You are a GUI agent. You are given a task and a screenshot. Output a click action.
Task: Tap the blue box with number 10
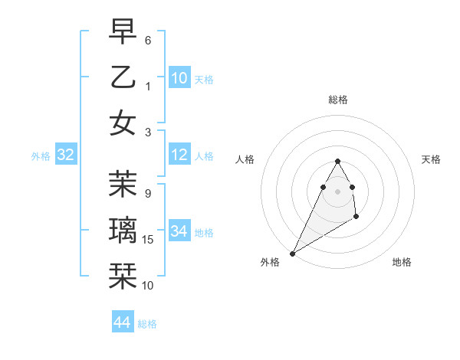tap(179, 77)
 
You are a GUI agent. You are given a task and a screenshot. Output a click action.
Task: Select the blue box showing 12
tap(179, 155)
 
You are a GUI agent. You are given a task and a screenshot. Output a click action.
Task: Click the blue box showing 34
tap(179, 231)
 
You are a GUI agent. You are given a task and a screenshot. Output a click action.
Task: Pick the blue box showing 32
tap(65, 155)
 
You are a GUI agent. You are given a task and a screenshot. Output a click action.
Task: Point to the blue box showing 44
tap(123, 322)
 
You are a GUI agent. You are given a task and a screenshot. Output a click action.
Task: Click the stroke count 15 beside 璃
tap(149, 241)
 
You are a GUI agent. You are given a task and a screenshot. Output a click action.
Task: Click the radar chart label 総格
tap(337, 100)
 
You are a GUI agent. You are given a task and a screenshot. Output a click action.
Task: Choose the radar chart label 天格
tap(431, 159)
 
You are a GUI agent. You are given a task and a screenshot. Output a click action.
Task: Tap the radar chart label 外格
tap(270, 263)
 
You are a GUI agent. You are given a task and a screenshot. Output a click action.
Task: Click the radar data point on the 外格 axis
tap(292, 253)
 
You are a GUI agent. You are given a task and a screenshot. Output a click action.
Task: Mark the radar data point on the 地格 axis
tap(356, 218)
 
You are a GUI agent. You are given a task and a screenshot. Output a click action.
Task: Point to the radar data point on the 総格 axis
tap(337, 161)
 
